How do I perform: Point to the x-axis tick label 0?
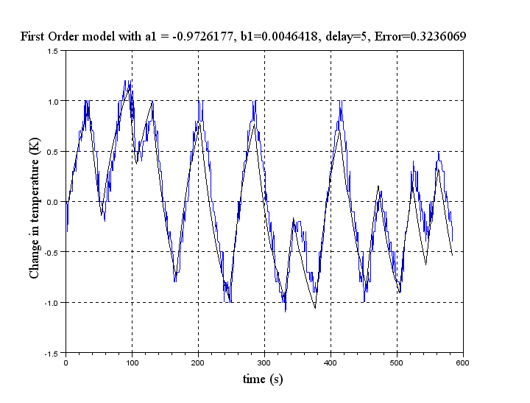point(66,362)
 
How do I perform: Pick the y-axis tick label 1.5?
point(53,51)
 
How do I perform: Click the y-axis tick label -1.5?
point(52,354)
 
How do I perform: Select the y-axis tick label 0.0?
point(53,202)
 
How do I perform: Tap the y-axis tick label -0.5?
point(52,253)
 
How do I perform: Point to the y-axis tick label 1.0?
point(53,101)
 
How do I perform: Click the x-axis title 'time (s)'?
point(263,379)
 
